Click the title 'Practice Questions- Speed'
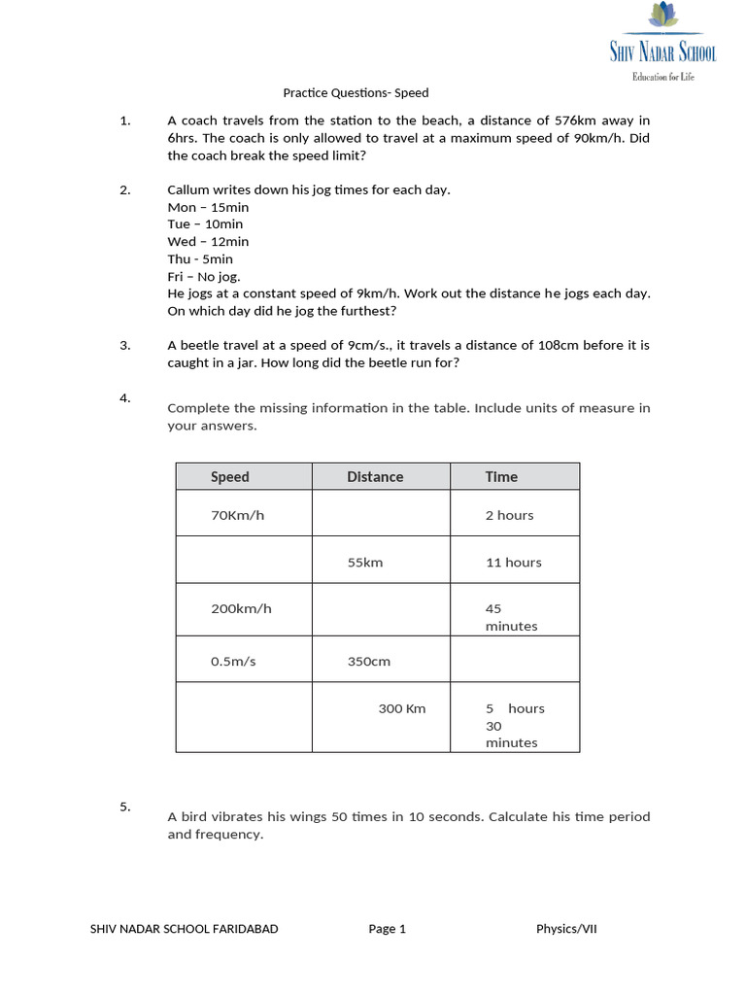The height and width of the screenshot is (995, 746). (x=356, y=93)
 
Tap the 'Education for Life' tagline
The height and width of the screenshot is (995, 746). (x=663, y=77)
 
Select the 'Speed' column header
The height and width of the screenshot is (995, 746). (x=230, y=476)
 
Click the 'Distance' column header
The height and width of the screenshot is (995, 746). (x=375, y=476)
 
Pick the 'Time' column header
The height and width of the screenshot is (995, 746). (x=501, y=476)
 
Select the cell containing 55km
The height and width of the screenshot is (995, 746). (x=365, y=563)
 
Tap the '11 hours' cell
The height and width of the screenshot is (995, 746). (x=513, y=563)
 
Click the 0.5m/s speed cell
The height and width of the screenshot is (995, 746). (x=233, y=661)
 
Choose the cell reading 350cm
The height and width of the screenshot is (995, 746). (x=369, y=661)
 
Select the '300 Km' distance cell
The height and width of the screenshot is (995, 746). (x=402, y=708)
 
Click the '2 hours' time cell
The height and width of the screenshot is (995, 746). (x=509, y=515)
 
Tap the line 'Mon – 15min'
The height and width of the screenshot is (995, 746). (x=208, y=207)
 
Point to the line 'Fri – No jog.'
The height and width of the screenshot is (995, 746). (x=203, y=276)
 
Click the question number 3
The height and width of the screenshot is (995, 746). (x=124, y=345)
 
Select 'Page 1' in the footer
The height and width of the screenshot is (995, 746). (x=387, y=929)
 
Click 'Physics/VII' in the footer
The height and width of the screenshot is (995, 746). (x=566, y=929)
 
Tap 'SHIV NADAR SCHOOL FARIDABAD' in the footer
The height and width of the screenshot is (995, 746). (x=184, y=929)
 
